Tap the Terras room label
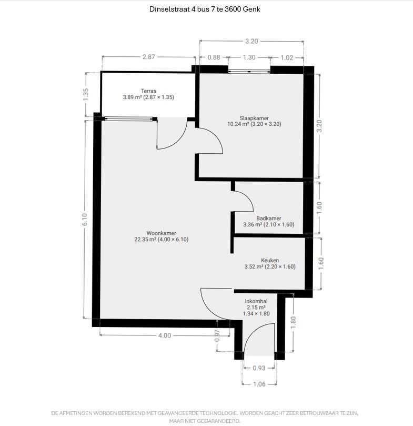(x=148, y=91)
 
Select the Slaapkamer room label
(x=254, y=118)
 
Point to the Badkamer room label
(x=268, y=219)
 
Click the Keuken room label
(x=270, y=260)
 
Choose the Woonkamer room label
(x=162, y=233)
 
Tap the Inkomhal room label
(x=256, y=301)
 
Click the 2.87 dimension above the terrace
(x=149, y=57)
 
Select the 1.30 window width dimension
(x=249, y=57)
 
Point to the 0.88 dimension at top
(x=214, y=57)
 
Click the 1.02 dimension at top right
(x=287, y=57)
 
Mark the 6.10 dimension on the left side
(x=85, y=219)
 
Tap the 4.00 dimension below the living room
(x=165, y=335)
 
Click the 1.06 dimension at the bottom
(x=259, y=384)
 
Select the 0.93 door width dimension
(x=259, y=368)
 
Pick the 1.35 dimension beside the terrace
(x=86, y=95)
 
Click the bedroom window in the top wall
(x=249, y=72)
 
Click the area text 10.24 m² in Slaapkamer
(x=238, y=124)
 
